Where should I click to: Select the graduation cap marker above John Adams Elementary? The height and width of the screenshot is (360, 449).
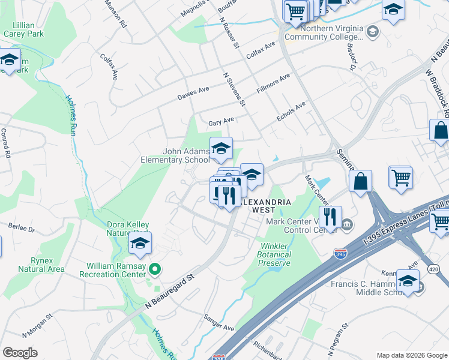(x=221, y=148)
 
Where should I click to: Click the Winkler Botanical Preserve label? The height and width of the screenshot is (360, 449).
(x=275, y=255)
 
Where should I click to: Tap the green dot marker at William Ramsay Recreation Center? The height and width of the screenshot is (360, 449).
(x=155, y=270)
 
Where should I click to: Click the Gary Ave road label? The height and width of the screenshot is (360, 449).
(x=221, y=121)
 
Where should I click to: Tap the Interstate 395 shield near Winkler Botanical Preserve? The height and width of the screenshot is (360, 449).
(x=340, y=254)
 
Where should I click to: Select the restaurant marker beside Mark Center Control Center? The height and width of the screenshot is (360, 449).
(x=330, y=217)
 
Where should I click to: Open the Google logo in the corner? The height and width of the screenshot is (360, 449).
(x=20, y=353)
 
